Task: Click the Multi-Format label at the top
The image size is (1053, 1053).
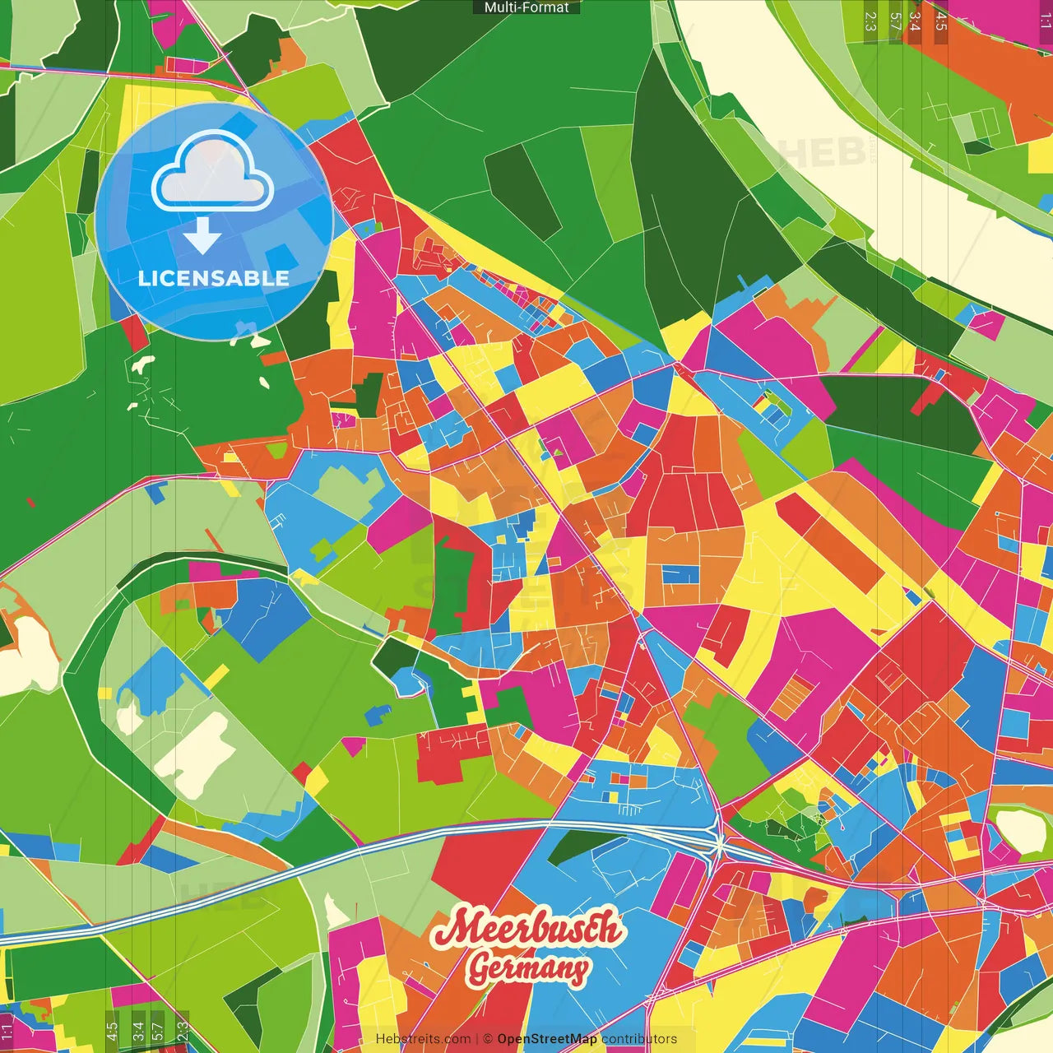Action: pyautogui.click(x=526, y=7)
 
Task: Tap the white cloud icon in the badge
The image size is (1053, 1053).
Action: pyautogui.click(x=212, y=174)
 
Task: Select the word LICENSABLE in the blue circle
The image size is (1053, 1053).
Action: pyautogui.click(x=214, y=278)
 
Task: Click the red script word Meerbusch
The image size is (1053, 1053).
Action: pyautogui.click(x=526, y=929)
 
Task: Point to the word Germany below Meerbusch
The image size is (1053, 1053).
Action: pyautogui.click(x=527, y=968)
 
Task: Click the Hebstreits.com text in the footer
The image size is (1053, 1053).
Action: pyautogui.click(x=423, y=1039)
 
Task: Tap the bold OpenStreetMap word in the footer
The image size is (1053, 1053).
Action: pyautogui.click(x=546, y=1039)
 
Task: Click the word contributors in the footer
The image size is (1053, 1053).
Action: pyautogui.click(x=639, y=1039)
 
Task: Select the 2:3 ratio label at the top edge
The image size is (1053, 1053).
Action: pyautogui.click(x=870, y=21)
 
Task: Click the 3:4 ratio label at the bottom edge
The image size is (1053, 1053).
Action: pyautogui.click(x=137, y=1031)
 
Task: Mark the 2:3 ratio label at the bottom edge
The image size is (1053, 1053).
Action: pyautogui.click(x=183, y=1031)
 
